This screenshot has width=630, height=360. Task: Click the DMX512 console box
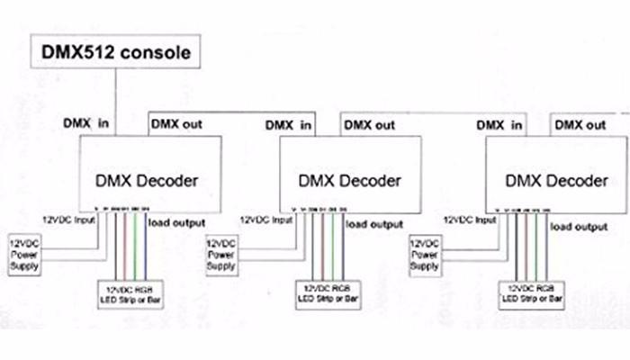tap(114, 52)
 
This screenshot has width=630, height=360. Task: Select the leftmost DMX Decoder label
tap(150, 180)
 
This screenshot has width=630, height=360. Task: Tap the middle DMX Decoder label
tap(352, 182)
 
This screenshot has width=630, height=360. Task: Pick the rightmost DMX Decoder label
tap(556, 181)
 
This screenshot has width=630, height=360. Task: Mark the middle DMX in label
tap(291, 124)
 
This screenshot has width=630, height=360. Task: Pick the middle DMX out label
tap(369, 124)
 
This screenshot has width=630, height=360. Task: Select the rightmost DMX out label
tap(580, 123)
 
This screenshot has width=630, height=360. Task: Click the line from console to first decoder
tap(116, 99)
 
